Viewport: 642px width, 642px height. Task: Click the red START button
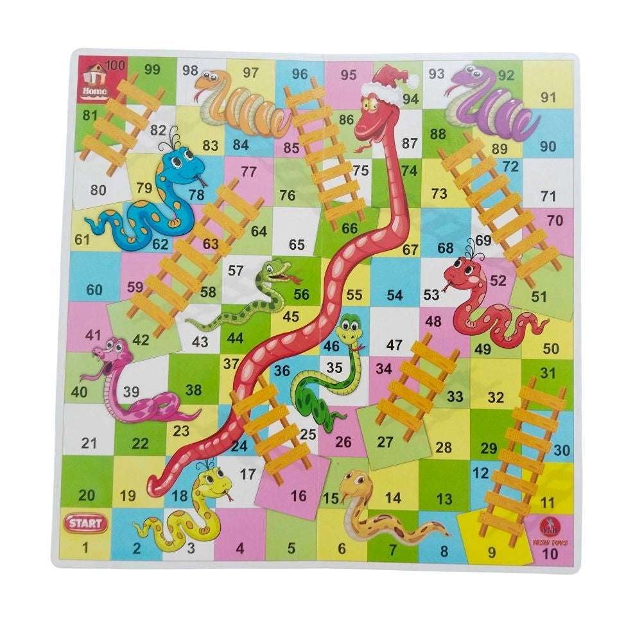click(x=85, y=523)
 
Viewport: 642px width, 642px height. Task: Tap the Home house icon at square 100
click(x=94, y=80)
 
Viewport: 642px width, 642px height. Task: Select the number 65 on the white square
click(x=297, y=245)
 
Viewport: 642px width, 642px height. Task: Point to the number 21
click(x=89, y=443)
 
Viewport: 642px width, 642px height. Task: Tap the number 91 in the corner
click(x=548, y=98)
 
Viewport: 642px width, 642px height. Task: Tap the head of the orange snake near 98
click(x=213, y=82)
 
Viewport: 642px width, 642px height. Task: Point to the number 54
click(x=394, y=295)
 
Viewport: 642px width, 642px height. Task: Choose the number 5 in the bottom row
click(x=291, y=548)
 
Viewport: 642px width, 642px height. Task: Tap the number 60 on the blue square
click(x=94, y=290)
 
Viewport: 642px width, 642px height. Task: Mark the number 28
click(x=444, y=447)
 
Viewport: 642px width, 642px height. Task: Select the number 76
click(x=288, y=195)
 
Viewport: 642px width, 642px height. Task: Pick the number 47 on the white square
click(x=394, y=345)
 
